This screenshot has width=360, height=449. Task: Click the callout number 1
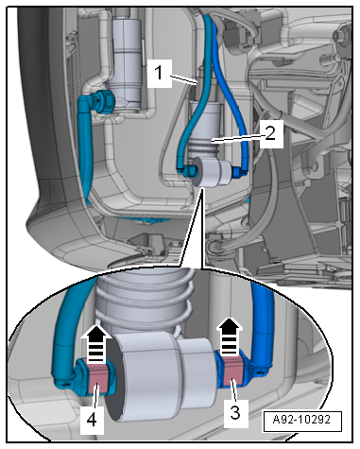(159, 73)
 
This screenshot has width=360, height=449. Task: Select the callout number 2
(270, 133)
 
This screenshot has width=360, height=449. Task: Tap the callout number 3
(235, 412)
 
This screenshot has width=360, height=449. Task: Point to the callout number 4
(92, 420)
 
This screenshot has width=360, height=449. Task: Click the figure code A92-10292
(301, 420)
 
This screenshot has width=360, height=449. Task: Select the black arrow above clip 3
(231, 337)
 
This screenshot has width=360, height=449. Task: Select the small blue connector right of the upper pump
(237, 172)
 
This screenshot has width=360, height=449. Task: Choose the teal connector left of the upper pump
(187, 170)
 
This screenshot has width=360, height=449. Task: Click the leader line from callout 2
(238, 138)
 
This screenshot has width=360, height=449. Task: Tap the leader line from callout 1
(183, 79)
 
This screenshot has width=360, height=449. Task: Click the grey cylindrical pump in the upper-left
(127, 63)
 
